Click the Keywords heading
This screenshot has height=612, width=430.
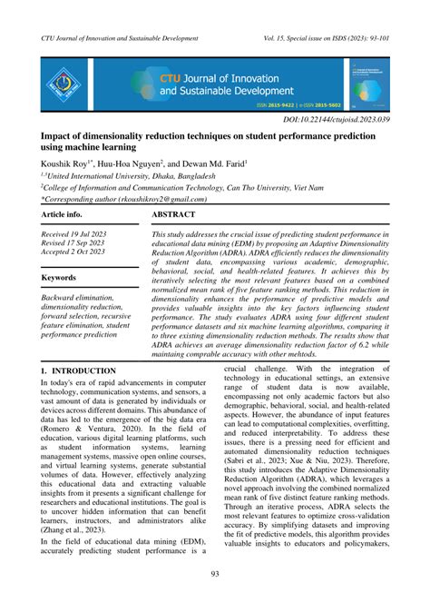tap(60, 277)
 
